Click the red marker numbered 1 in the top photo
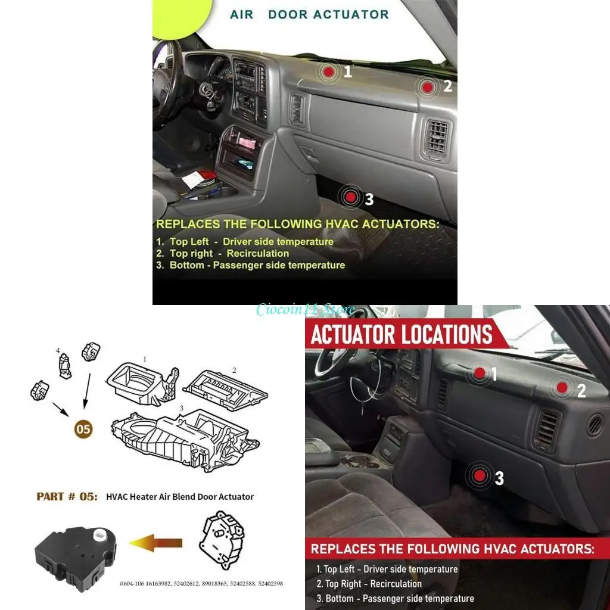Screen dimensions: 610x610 point(328,72)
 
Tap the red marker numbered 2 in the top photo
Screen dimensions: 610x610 point(427,87)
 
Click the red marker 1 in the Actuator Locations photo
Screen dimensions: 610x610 point(480,374)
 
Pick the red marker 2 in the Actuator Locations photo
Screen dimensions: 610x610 point(562,388)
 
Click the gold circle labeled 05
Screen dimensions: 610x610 point(83,430)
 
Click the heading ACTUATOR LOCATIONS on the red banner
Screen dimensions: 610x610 point(402,335)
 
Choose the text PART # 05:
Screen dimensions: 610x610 point(67,496)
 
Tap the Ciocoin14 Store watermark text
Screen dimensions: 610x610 point(305,309)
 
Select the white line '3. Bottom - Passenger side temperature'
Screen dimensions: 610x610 point(395,598)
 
